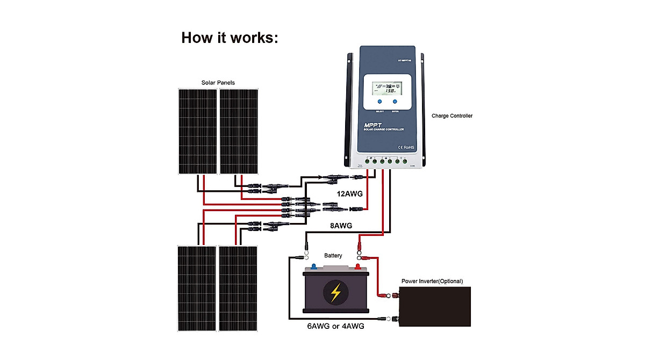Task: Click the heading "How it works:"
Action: coord(230,38)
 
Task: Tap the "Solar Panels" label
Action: coord(218,83)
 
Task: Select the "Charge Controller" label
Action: coord(452,116)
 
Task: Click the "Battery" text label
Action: coord(333,256)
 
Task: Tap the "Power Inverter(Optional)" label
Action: coord(432,281)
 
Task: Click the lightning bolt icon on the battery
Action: coord(335,293)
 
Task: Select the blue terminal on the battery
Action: coord(313,267)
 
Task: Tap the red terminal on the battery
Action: coord(357,267)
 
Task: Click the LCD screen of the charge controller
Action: coord(386,88)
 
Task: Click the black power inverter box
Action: coord(436,306)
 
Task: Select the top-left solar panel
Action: coord(197,131)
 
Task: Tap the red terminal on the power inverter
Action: coord(397,294)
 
